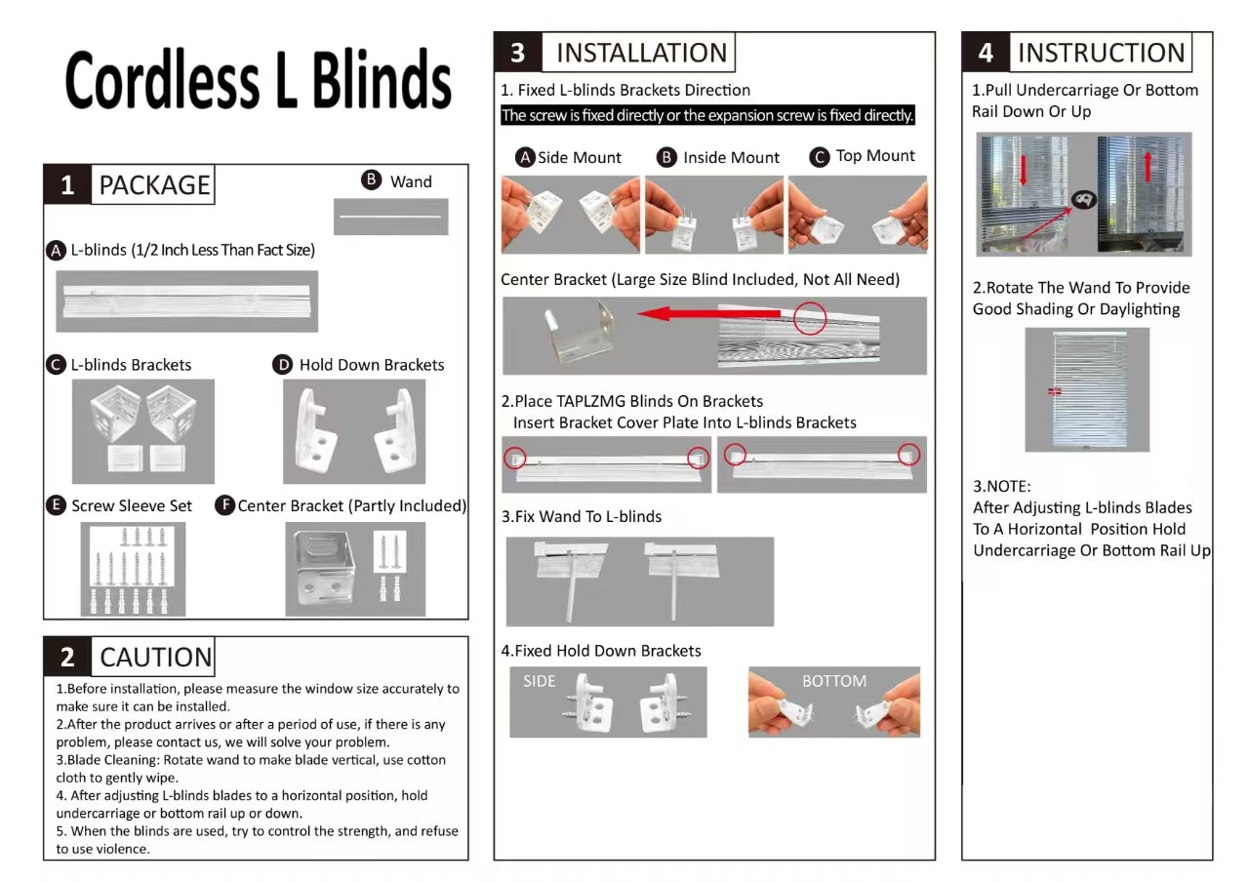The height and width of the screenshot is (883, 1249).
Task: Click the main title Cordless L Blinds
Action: click(259, 80)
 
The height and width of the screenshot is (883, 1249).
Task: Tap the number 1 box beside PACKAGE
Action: click(67, 185)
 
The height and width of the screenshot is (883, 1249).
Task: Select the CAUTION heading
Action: click(155, 658)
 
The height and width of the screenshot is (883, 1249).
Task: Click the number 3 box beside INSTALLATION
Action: click(517, 53)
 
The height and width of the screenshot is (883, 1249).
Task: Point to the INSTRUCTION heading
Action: click(1101, 53)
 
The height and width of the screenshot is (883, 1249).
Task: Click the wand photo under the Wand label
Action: click(390, 217)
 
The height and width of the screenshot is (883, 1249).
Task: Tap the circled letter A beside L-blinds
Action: click(57, 250)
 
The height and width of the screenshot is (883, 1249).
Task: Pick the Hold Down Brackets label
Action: click(371, 365)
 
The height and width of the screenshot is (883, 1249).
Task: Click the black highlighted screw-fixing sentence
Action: click(707, 115)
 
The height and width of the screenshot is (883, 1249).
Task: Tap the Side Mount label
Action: click(580, 157)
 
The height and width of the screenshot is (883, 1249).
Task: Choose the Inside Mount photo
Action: click(714, 215)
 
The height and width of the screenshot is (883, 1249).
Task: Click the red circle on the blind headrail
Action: click(810, 318)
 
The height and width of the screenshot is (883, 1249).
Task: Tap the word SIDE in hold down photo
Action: click(539, 681)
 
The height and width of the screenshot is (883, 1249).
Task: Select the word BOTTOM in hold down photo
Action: click(833, 681)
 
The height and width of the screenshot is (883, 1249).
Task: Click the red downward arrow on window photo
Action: click(1024, 171)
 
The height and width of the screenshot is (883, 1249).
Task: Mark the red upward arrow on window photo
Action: click(1148, 167)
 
